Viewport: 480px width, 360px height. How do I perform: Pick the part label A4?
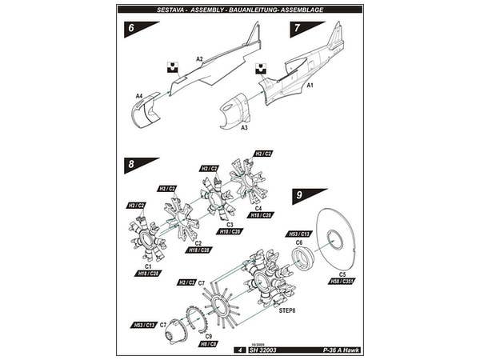point(138,96)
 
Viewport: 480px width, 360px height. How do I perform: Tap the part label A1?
point(310,83)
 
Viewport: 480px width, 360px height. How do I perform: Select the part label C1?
point(149,266)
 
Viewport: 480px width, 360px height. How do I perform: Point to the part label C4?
point(258,208)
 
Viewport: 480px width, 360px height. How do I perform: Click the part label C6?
point(298,242)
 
